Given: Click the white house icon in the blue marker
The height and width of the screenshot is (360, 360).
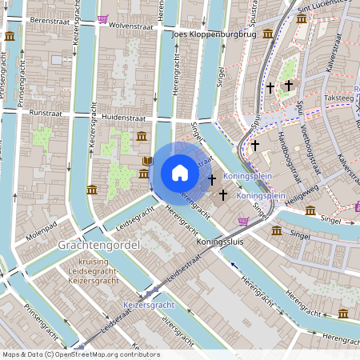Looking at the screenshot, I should click(x=179, y=173).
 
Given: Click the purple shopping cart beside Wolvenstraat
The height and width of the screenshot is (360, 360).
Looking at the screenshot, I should click(x=102, y=19).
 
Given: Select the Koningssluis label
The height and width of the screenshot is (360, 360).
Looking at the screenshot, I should click(x=220, y=238).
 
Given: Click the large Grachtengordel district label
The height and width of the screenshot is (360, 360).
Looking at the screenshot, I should click(x=100, y=244).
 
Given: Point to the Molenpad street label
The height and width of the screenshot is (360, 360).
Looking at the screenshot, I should click(x=43, y=226).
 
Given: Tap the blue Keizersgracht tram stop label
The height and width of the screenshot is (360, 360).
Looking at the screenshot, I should click(x=150, y=306).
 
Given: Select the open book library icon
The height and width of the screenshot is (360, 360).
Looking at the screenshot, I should click(x=147, y=161).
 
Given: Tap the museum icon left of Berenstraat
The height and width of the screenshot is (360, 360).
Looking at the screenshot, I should click(x=9, y=37).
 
